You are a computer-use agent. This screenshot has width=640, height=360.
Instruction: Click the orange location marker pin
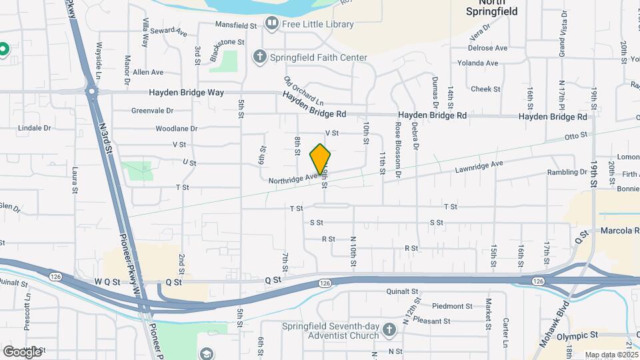coord(320,159)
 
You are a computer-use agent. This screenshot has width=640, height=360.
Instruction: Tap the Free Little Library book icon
coord(271,24)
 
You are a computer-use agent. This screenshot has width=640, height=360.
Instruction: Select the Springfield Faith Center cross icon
coord(259,57)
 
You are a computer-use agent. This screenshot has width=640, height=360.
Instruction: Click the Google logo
coord(22,351)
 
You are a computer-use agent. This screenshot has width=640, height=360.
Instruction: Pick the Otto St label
coord(575,136)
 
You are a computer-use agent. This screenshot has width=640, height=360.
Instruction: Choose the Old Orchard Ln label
coord(303,91)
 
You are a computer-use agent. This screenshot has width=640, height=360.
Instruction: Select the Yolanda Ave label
coord(477,63)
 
